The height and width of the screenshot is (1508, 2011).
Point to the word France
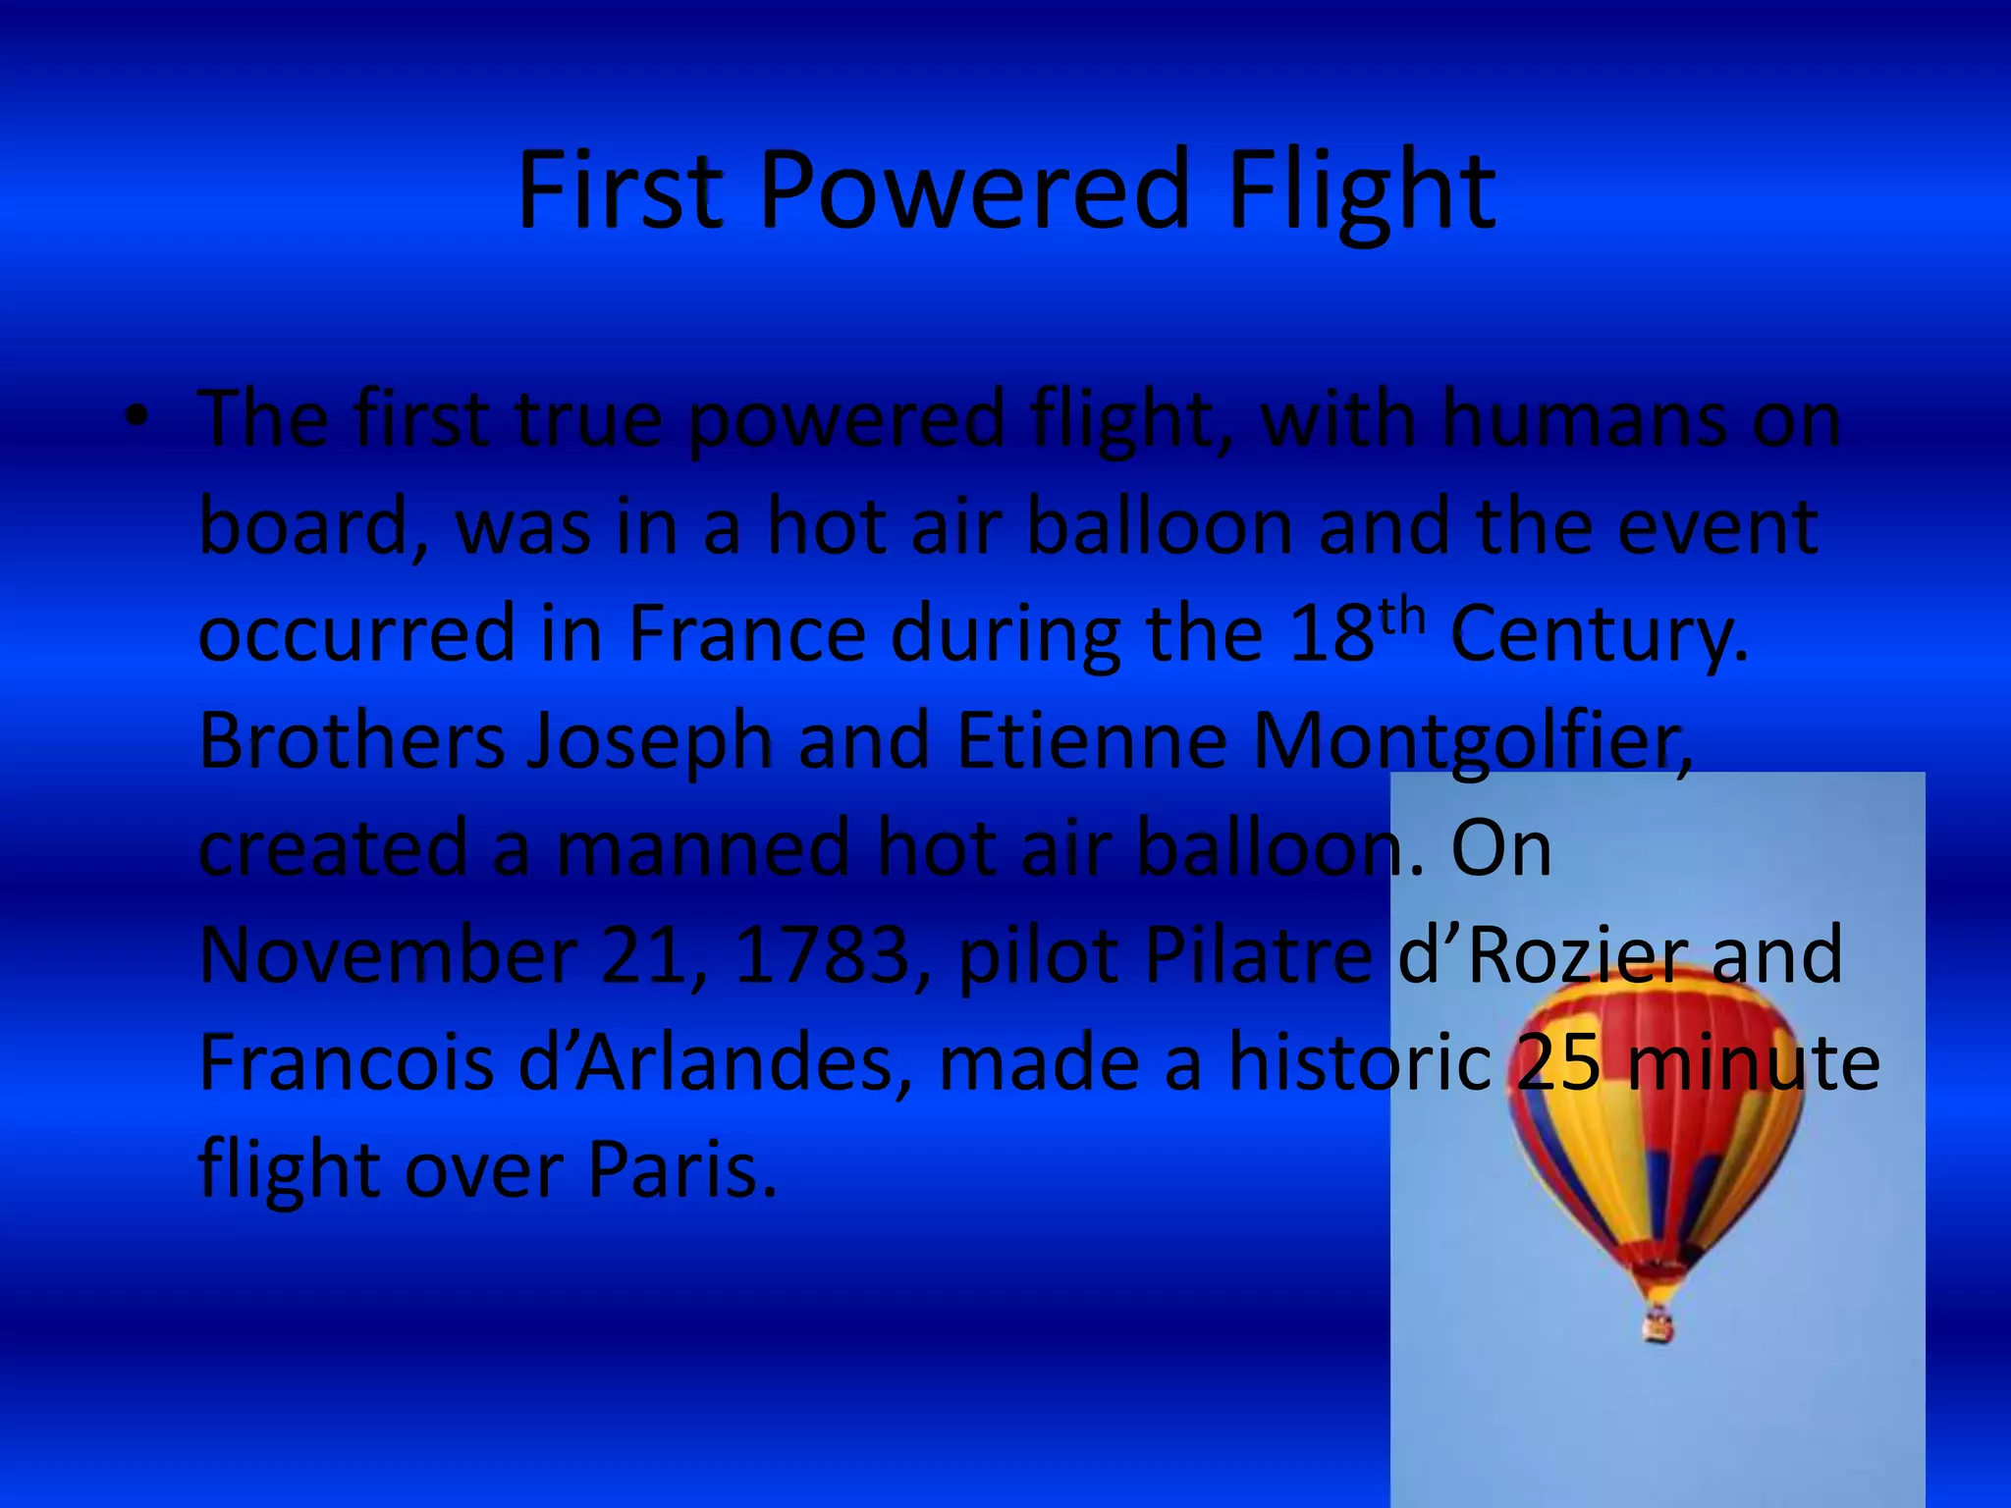pyautogui.click(x=746, y=633)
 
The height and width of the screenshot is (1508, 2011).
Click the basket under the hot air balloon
pyautogui.click(x=1658, y=1325)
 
